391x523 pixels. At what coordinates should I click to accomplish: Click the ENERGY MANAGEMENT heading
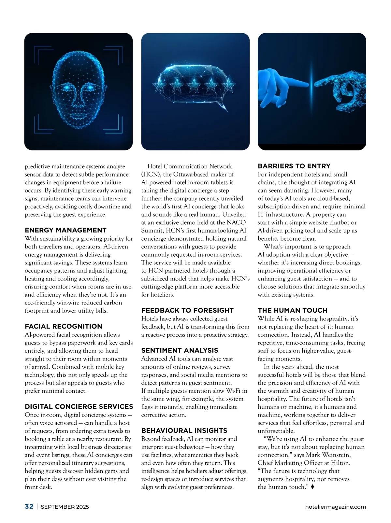[65, 230]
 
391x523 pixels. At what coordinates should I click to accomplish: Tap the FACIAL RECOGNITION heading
[64, 326]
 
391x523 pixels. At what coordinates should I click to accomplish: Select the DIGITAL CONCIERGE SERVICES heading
[79, 406]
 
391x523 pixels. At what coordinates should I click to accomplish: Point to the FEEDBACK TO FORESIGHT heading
[187, 310]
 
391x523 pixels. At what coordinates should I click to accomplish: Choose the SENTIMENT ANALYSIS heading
[180, 350]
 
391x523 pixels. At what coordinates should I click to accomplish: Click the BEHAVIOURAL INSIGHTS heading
[184, 431]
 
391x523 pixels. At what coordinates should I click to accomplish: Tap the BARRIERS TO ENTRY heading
[294, 166]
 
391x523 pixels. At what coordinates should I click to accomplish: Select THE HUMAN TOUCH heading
[292, 310]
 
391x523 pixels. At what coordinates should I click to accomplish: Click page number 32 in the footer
[29, 506]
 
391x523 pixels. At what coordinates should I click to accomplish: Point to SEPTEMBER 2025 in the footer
[65, 507]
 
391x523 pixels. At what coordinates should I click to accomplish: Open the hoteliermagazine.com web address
[336, 507]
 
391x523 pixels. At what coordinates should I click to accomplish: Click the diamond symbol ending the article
[313, 487]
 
